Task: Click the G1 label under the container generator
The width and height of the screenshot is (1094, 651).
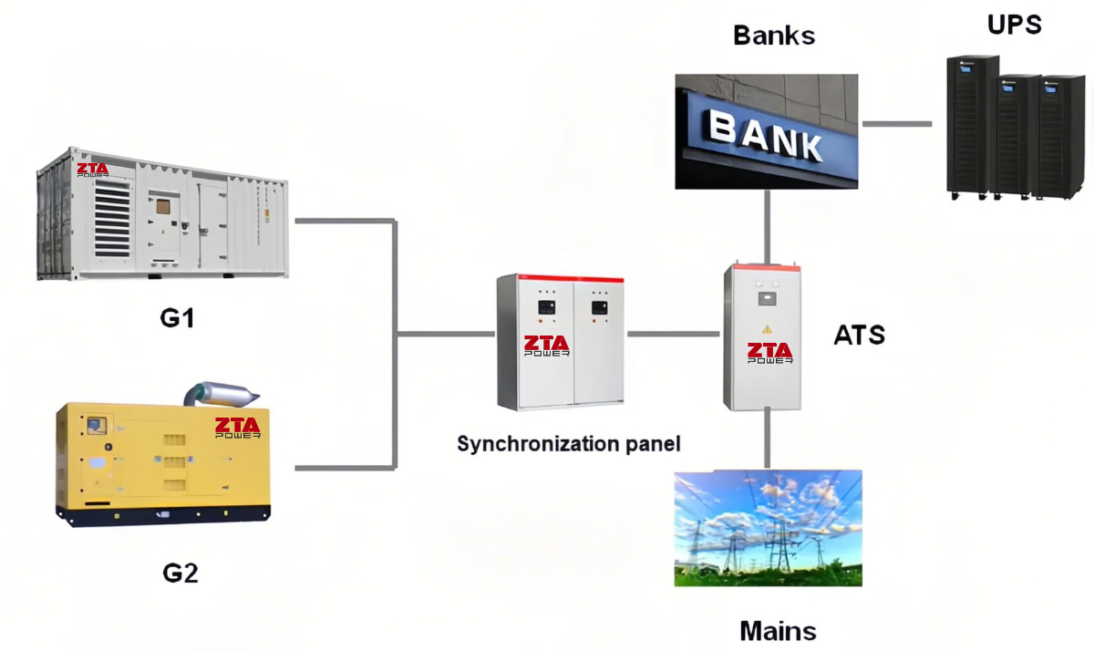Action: coord(178,320)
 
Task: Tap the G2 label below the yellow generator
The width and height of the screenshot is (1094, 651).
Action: coord(181,573)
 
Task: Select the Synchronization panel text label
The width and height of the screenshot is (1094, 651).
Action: coord(568,444)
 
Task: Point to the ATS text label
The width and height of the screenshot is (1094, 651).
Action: coord(859,335)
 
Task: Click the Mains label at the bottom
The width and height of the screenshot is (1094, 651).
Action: coord(778,631)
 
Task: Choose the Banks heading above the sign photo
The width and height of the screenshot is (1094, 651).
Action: coord(773,36)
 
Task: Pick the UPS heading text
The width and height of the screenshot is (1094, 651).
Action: coord(1014,25)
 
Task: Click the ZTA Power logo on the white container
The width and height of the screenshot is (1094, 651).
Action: coord(92,170)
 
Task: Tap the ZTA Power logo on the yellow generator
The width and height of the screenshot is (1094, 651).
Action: coord(237,428)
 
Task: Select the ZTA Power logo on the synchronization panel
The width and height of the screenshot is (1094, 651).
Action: coord(547,346)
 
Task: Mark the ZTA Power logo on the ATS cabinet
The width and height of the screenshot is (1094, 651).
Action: coord(769,353)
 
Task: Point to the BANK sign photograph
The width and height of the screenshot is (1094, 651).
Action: coord(766,131)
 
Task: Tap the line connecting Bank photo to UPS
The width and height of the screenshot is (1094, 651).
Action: coord(897,122)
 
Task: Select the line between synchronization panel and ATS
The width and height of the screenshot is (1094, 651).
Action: coord(673,335)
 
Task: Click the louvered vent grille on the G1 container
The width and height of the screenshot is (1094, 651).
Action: coord(112,219)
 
